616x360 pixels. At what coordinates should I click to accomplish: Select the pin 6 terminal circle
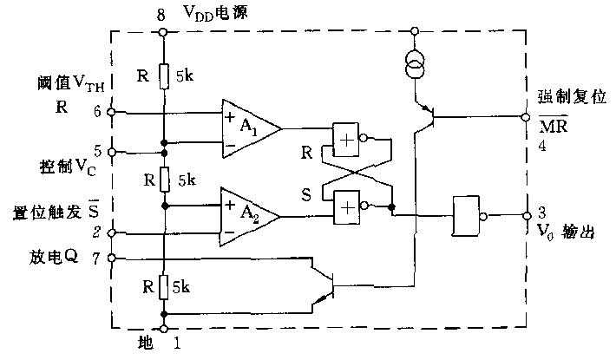tap(110, 112)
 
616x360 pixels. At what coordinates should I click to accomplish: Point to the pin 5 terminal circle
tap(110, 149)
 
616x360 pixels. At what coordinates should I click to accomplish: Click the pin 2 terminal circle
tap(110, 233)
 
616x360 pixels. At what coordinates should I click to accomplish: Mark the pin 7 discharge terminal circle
tap(110, 258)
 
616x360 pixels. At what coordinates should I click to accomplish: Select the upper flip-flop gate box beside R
tap(345, 135)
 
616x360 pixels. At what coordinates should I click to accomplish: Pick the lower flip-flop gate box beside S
tap(345, 205)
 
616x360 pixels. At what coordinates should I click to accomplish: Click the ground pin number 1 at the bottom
tap(177, 344)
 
